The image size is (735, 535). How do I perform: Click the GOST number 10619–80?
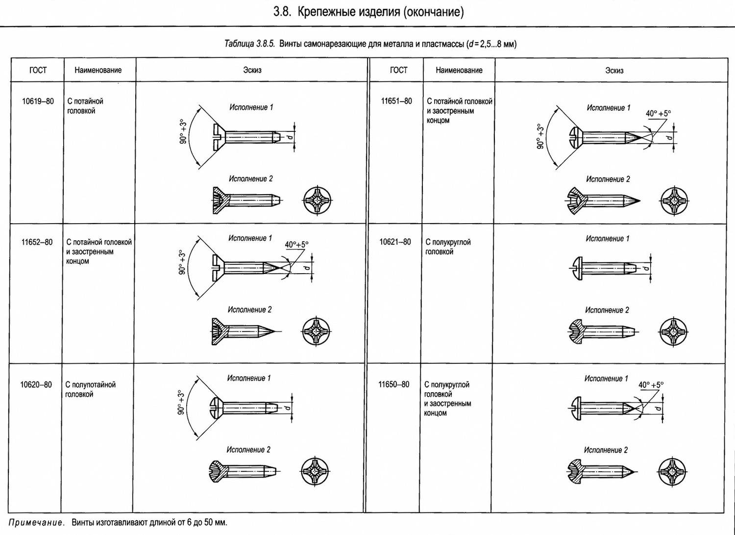(38, 101)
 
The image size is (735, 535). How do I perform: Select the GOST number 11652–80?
(37, 242)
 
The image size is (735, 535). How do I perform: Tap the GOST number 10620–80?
(36, 384)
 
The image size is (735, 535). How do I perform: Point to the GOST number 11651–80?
(396, 101)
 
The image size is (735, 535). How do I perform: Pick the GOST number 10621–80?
(395, 242)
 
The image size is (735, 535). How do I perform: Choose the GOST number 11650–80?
(394, 384)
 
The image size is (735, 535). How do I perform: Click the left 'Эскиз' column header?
(252, 70)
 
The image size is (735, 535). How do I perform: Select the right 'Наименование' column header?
(459, 70)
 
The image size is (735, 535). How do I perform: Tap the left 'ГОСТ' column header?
(38, 70)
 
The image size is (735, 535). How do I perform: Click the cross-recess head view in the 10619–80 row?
(318, 200)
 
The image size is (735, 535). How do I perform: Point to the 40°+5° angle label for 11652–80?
(296, 245)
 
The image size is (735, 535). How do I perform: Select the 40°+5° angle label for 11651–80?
(658, 114)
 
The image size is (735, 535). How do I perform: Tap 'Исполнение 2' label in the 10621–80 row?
(607, 310)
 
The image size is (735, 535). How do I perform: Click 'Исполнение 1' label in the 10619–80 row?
(251, 107)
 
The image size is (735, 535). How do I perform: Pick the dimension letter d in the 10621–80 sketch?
(646, 268)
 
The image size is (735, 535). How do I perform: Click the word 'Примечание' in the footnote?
(35, 523)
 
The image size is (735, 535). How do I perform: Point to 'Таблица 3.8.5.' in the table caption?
(249, 44)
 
